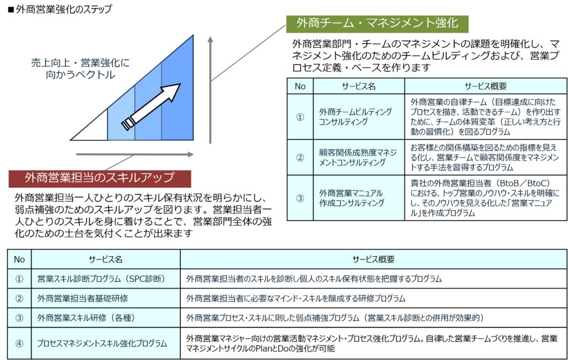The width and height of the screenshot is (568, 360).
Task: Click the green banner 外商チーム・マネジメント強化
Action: point(377,24)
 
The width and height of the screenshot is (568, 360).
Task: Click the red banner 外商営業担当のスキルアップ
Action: point(100,178)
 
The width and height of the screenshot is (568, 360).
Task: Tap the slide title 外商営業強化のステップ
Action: point(60,9)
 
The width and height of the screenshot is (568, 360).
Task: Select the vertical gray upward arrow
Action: point(210,90)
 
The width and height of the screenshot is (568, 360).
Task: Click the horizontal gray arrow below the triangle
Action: point(135,155)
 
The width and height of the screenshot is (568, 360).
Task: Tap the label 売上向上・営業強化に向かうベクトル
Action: point(80,68)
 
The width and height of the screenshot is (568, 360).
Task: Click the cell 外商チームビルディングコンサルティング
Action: point(356,116)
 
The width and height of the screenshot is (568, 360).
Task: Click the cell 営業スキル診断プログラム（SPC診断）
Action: point(101,278)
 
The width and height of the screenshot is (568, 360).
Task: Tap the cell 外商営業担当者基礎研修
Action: point(83,298)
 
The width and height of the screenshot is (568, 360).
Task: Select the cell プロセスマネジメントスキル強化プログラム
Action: point(102,343)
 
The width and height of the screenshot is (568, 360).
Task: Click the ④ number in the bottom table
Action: point(19,343)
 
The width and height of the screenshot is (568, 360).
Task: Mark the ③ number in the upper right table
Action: point(300,198)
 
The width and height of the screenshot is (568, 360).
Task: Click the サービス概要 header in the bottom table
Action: point(373,259)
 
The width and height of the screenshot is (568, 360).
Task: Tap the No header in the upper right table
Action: point(300,86)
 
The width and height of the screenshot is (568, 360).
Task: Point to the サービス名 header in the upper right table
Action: point(359,86)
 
